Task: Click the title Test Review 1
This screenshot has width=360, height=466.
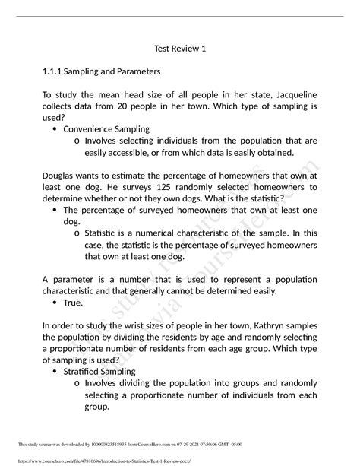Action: pyautogui.click(x=180, y=49)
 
